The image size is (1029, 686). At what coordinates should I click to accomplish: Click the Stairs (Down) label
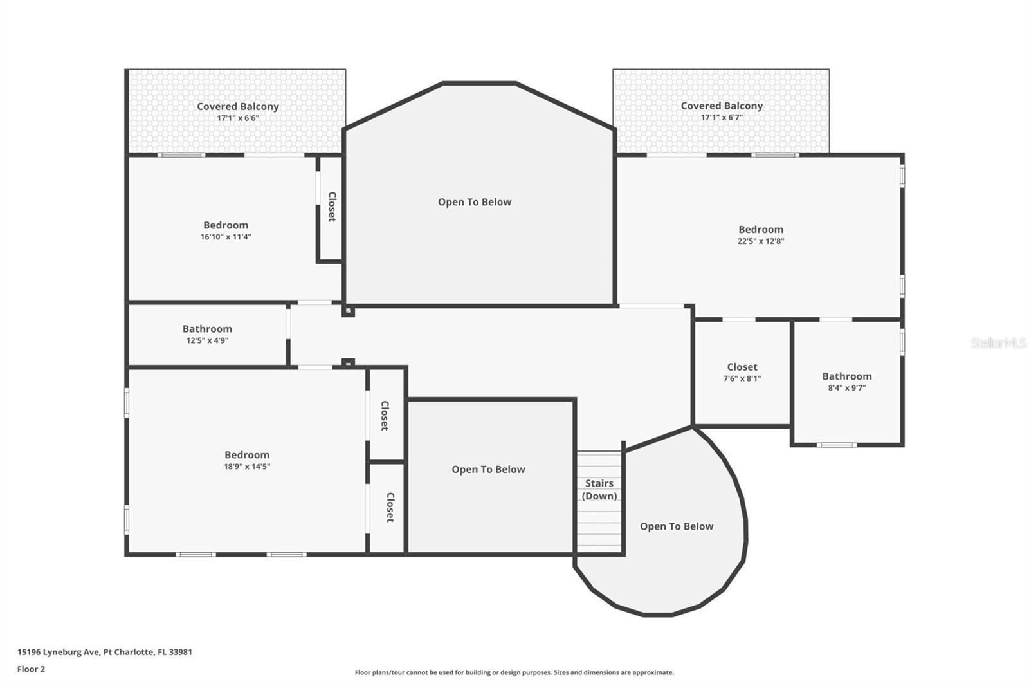599,489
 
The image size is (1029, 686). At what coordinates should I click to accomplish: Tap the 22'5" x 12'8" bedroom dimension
761,241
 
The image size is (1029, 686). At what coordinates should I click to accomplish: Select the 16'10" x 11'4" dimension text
226,237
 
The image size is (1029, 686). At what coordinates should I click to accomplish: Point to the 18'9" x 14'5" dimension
247,466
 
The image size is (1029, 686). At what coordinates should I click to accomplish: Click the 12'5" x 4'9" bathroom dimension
207,340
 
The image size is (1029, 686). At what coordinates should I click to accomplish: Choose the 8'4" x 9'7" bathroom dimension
846,387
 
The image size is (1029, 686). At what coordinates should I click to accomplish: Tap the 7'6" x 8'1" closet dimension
742,378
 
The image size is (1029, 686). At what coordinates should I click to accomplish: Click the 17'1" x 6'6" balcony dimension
238,118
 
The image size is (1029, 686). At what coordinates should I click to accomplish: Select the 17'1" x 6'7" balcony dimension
722,117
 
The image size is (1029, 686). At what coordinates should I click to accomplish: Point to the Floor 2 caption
32,669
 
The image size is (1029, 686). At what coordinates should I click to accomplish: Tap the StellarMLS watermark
999,342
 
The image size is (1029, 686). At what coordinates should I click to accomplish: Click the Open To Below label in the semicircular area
677,526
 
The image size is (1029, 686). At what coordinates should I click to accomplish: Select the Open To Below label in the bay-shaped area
475,202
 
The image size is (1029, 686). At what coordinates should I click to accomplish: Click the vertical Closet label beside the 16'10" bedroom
332,207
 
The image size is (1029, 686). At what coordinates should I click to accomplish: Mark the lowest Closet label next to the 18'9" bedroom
390,508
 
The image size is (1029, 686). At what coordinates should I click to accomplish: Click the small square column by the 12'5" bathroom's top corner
348,311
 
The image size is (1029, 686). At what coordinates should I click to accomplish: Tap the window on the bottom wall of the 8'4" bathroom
837,445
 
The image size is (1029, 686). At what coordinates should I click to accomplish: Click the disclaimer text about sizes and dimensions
514,672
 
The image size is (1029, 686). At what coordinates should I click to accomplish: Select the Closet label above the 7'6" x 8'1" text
742,367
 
